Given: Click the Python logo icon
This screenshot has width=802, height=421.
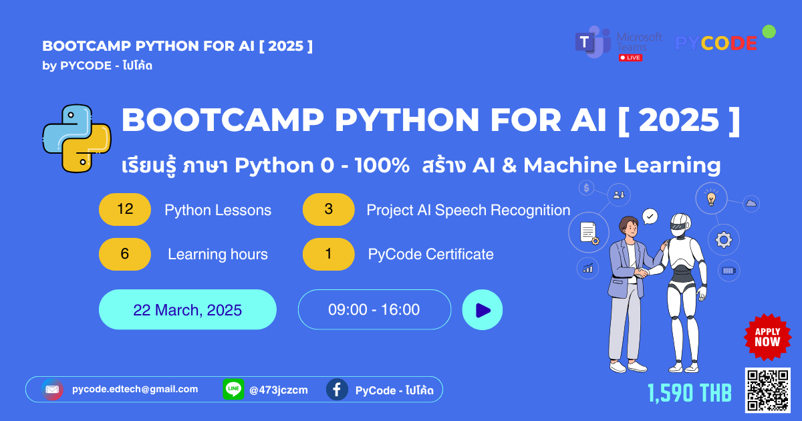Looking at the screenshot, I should [76, 138].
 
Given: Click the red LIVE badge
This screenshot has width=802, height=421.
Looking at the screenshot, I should [630, 57].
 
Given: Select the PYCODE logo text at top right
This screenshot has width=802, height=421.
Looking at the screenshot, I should [716, 43].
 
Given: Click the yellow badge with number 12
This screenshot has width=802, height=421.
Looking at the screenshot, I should [125, 210].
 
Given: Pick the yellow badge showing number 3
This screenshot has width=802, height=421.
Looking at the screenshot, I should [328, 210].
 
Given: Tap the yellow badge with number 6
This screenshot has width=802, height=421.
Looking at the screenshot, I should [125, 254].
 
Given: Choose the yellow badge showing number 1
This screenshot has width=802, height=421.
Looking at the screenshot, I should [328, 254].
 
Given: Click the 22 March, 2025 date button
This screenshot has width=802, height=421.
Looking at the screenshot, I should [187, 310].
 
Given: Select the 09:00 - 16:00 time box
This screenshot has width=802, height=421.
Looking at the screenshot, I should [374, 310].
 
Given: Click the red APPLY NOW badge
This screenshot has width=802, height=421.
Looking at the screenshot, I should [767, 337].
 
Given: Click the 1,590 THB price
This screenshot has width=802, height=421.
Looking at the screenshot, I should [689, 393].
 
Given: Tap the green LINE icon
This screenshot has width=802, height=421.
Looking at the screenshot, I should [233, 390].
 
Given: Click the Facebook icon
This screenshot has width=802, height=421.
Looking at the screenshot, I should [337, 390].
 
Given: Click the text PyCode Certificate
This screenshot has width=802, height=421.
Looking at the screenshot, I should [430, 255].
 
